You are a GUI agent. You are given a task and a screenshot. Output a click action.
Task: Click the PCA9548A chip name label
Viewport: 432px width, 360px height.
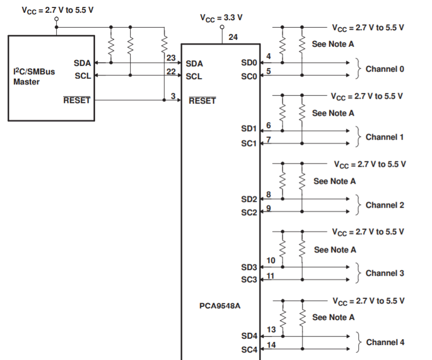(x=220, y=306)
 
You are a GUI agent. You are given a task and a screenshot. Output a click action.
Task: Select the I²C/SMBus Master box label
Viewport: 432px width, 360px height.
(x=34, y=76)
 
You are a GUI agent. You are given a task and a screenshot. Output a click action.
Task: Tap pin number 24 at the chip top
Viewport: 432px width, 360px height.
(x=233, y=37)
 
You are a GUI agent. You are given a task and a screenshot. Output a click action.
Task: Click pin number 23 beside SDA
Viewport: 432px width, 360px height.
(x=171, y=58)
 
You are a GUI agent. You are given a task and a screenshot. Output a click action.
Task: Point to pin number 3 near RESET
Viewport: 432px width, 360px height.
(x=173, y=96)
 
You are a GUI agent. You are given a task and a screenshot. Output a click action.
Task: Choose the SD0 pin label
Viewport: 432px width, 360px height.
(x=249, y=63)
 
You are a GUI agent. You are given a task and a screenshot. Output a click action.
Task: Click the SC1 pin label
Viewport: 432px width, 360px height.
(x=249, y=143)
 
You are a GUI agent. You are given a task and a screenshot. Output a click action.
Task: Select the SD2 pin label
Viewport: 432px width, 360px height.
(x=249, y=199)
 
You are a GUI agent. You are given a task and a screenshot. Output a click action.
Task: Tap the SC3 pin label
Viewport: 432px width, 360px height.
(x=249, y=279)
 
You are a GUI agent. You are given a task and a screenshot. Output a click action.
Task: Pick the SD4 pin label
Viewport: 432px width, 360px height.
(x=249, y=336)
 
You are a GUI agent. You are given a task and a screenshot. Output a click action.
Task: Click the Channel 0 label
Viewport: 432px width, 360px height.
(x=385, y=69)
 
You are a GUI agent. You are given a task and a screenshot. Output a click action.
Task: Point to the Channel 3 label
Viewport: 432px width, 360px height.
(x=385, y=273)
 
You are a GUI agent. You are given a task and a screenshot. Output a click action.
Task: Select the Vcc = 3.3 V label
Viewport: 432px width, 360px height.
(x=221, y=18)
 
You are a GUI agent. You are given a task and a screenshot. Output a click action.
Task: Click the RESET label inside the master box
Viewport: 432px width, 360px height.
(x=77, y=100)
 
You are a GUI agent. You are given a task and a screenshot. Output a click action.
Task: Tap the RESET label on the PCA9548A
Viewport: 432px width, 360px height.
(x=202, y=100)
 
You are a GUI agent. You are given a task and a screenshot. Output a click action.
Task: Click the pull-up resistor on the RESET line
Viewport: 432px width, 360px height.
(x=165, y=44)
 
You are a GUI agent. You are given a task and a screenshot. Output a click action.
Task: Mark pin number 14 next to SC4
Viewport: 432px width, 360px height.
(x=271, y=345)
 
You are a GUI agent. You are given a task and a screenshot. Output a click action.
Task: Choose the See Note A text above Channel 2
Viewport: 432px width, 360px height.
(x=334, y=181)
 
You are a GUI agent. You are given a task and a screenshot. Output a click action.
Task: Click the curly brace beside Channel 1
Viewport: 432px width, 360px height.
(x=358, y=136)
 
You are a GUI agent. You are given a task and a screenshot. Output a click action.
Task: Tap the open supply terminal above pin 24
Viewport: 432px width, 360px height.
(x=222, y=27)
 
